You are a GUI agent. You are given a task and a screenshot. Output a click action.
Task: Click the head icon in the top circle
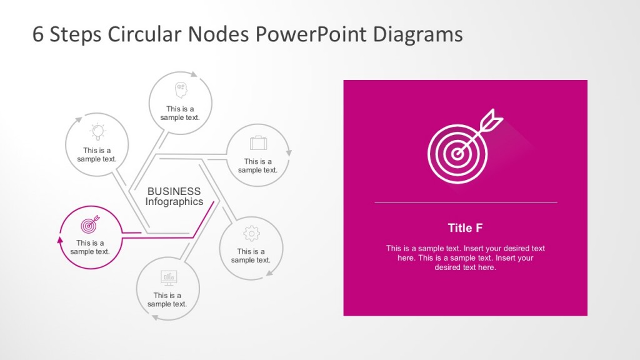(x=181, y=90)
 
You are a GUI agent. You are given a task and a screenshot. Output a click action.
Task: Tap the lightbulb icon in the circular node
(x=97, y=131)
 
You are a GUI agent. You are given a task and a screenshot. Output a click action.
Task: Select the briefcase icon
(x=258, y=143)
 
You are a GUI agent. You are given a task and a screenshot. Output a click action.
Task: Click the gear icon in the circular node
(x=251, y=233)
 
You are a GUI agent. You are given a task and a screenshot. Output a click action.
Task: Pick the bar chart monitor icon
(x=168, y=277)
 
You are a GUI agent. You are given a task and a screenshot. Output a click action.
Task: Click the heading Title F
(x=465, y=228)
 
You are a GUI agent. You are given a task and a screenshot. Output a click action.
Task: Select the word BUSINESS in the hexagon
(x=174, y=191)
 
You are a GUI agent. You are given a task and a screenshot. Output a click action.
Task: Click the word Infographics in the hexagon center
(x=174, y=202)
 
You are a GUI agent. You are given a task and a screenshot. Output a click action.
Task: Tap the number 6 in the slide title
(x=38, y=34)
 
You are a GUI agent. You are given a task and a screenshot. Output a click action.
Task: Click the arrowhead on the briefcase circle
(x=289, y=151)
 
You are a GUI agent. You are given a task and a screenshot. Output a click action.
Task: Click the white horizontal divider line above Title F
(x=465, y=202)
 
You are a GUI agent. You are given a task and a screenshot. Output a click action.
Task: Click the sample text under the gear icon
(x=251, y=256)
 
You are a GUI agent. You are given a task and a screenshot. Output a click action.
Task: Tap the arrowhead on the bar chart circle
(x=154, y=317)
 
